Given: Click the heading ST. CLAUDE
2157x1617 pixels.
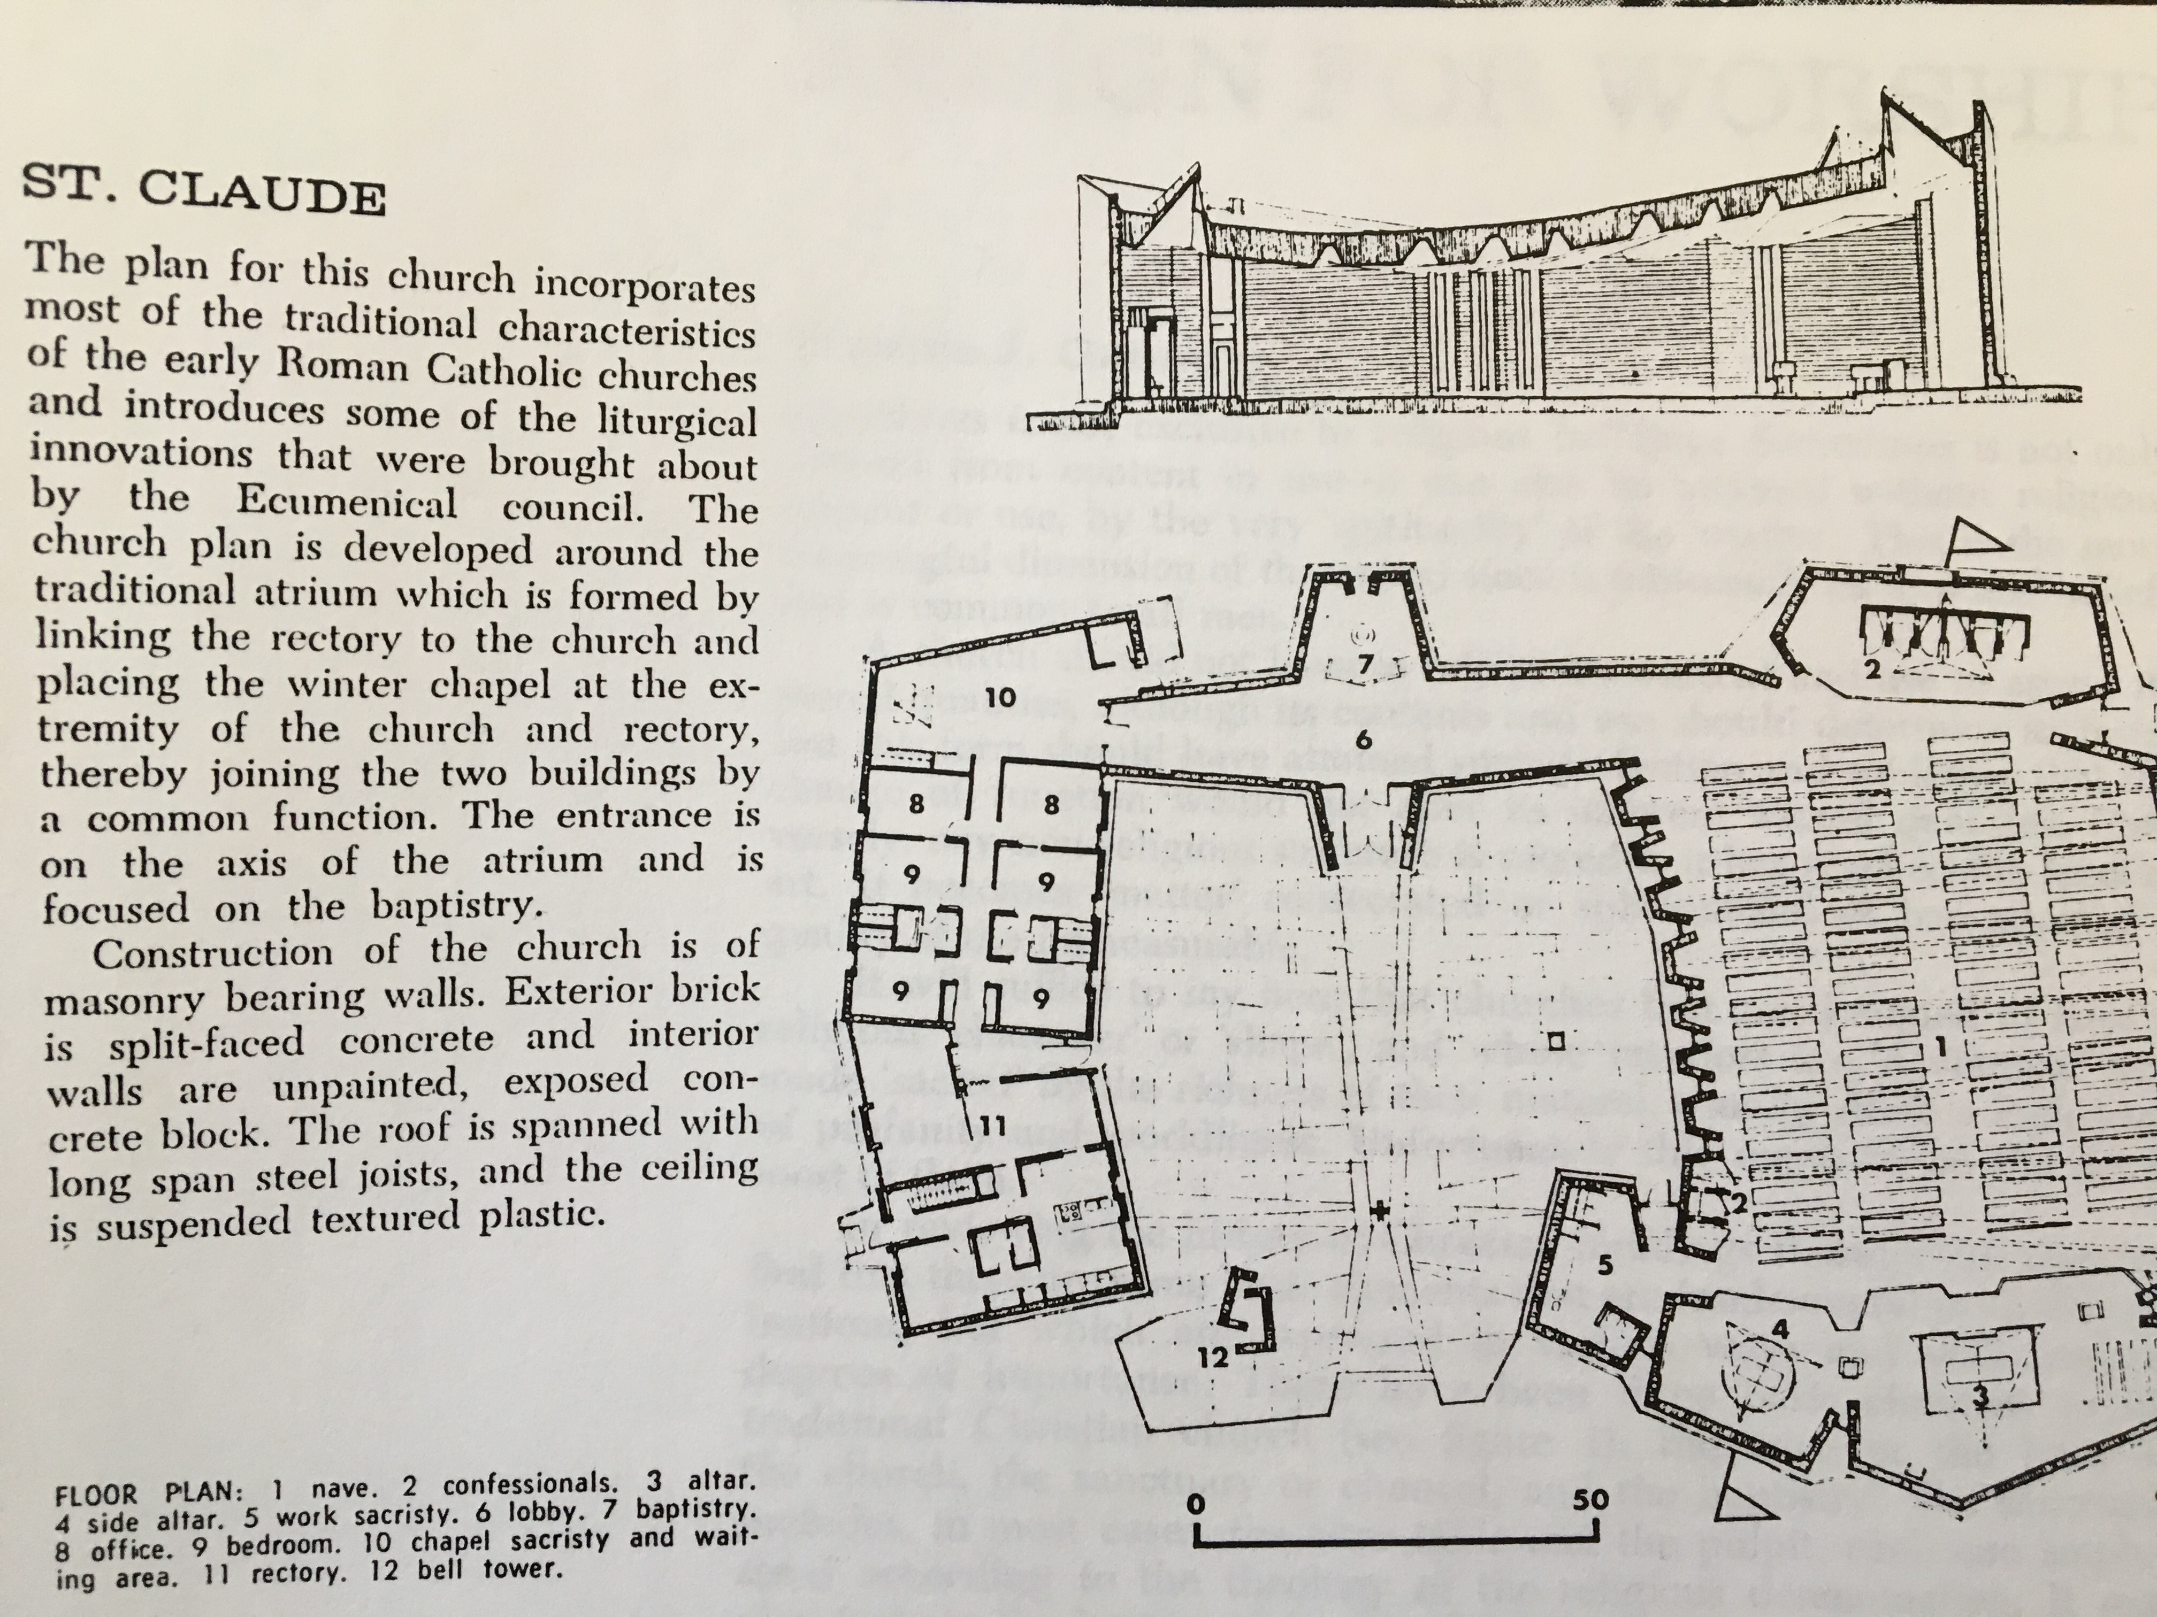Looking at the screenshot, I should click(x=203, y=189).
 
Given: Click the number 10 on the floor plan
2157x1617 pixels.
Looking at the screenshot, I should click(x=1000, y=698).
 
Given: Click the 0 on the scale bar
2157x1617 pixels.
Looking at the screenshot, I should click(x=1197, y=1505).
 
